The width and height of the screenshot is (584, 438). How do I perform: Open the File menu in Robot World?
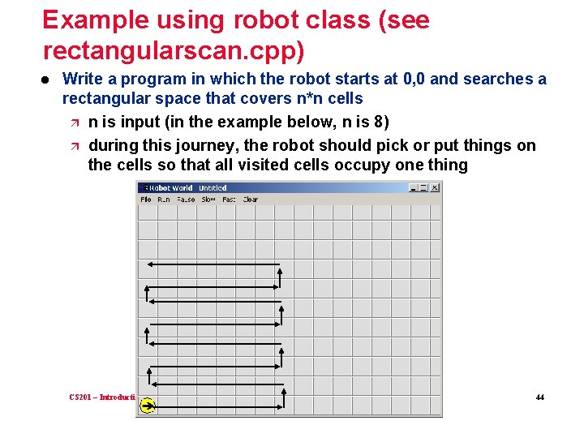click(x=146, y=200)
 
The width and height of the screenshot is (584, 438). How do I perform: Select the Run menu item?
click(x=164, y=200)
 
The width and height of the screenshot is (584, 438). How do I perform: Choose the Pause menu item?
click(x=186, y=200)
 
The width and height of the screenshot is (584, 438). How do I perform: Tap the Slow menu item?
click(x=208, y=200)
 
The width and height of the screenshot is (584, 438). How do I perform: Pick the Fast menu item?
click(x=230, y=200)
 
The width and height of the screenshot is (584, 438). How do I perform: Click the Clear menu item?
click(x=251, y=200)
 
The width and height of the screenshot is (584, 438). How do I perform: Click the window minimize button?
click(x=414, y=187)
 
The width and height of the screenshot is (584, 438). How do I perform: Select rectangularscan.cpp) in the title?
click(x=174, y=51)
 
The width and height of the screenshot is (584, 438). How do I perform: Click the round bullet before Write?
click(x=46, y=79)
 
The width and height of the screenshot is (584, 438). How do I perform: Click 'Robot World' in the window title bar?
click(x=170, y=188)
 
